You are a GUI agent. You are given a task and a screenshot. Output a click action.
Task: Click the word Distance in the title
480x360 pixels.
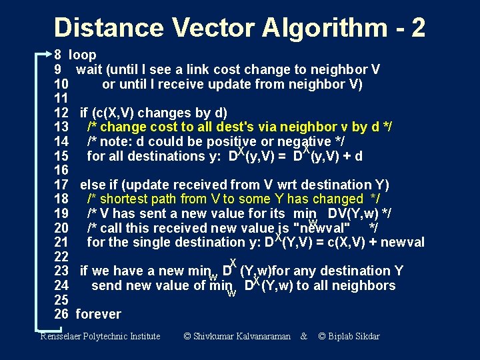point(108,27)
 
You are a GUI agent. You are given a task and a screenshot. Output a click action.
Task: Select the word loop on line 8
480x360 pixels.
point(83,55)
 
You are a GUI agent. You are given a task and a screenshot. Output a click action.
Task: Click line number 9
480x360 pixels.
point(58,69)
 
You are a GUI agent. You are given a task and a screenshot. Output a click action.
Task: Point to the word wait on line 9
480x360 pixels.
point(89,69)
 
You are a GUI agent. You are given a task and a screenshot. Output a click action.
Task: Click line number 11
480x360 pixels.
point(61,98)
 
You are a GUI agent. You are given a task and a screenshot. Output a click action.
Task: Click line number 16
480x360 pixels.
point(61,170)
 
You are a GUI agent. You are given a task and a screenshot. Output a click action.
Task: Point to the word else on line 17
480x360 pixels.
point(93,185)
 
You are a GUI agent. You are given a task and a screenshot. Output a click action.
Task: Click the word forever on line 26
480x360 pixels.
point(99,314)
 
